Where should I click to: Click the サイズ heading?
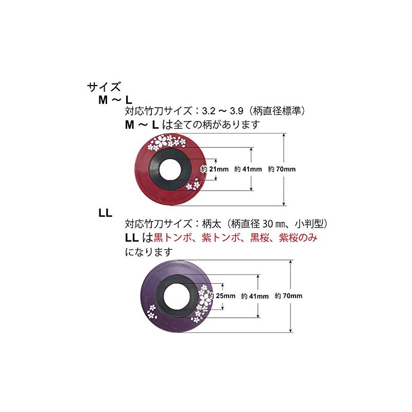[x=104, y=87]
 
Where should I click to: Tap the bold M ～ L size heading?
[x=115, y=100]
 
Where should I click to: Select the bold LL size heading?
[x=106, y=213]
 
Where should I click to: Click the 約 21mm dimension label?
[x=214, y=169]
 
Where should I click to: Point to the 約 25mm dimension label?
[x=221, y=296]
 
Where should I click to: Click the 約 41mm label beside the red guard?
[x=248, y=169]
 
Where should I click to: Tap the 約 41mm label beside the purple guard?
[x=254, y=296]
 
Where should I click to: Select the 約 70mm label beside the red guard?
[x=282, y=169]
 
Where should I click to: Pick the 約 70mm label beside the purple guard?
[x=288, y=296]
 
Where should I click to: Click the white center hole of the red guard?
[x=170, y=169]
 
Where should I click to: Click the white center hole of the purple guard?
[x=177, y=296]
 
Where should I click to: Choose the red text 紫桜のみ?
[x=298, y=237]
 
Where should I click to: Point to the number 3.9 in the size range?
[x=236, y=111]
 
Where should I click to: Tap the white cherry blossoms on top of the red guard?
[x=166, y=143]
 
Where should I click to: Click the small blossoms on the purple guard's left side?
[x=151, y=312]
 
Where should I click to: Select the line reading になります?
[x=149, y=252]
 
